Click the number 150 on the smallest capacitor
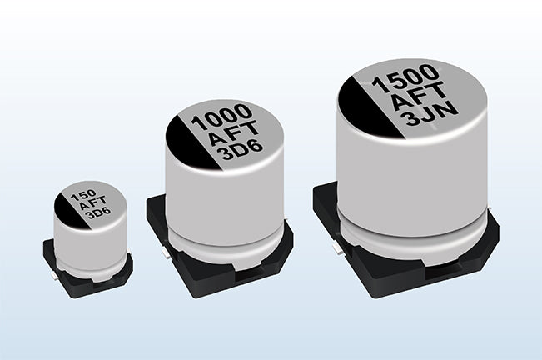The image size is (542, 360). [83, 196]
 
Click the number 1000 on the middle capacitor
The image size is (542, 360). [221, 117]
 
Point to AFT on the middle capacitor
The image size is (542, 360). [234, 132]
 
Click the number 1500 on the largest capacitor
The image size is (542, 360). [405, 79]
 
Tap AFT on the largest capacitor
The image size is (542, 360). [419, 96]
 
